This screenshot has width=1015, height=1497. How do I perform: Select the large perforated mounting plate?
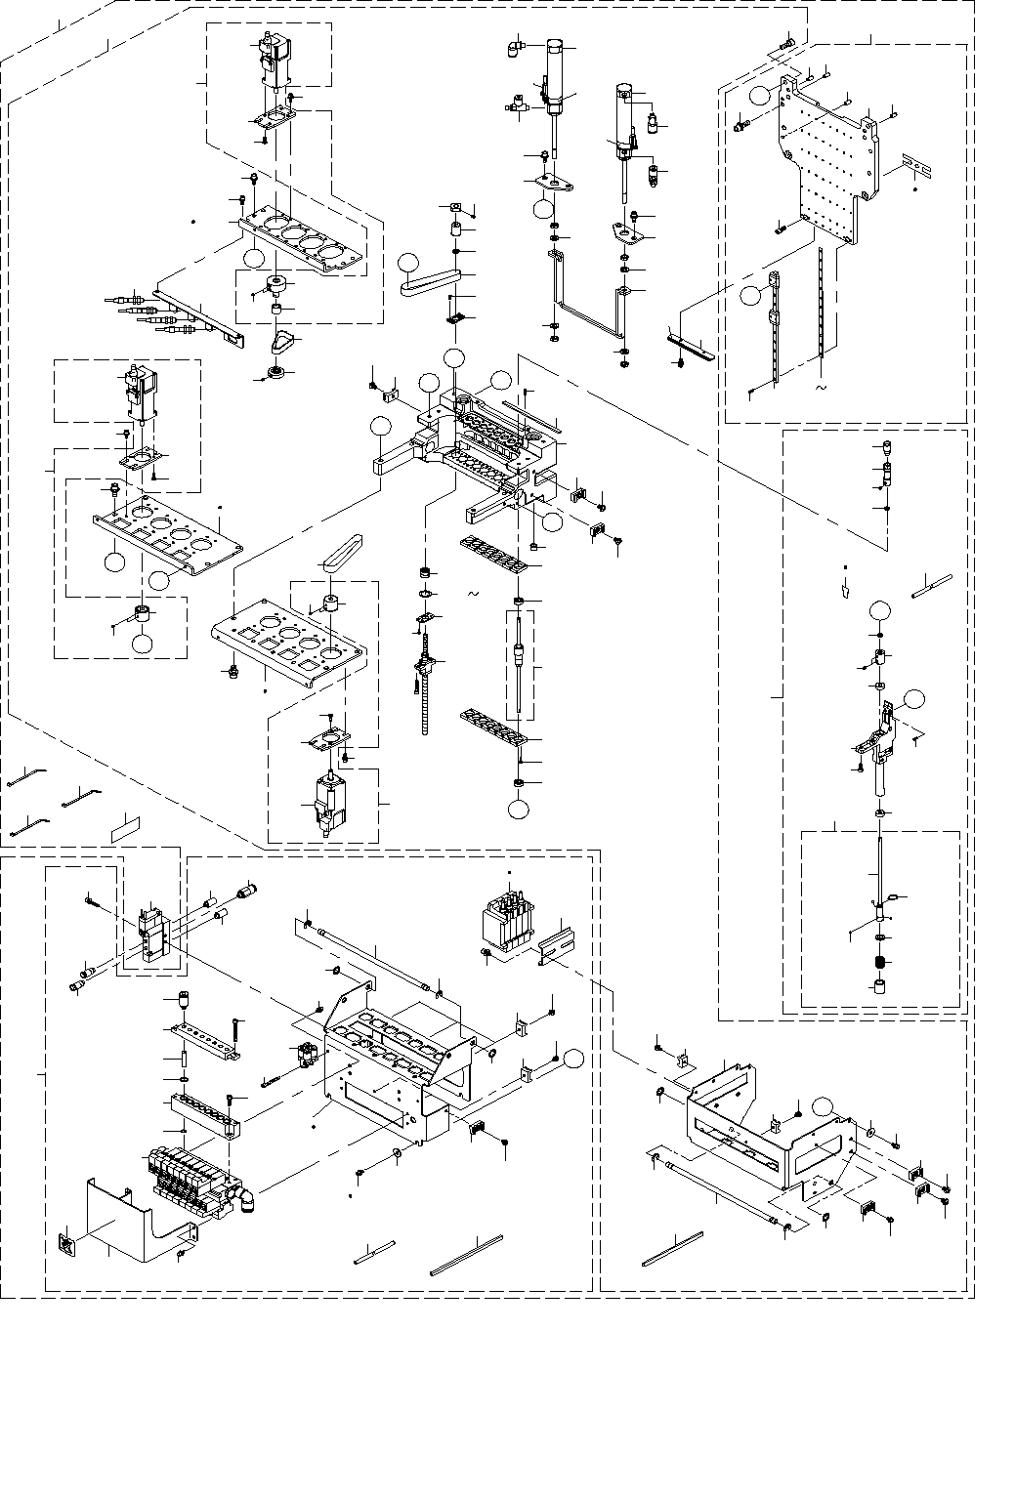coord(826,156)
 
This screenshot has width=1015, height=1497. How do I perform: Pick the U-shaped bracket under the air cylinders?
coord(587,303)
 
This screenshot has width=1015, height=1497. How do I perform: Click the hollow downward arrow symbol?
coord(844,589)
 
